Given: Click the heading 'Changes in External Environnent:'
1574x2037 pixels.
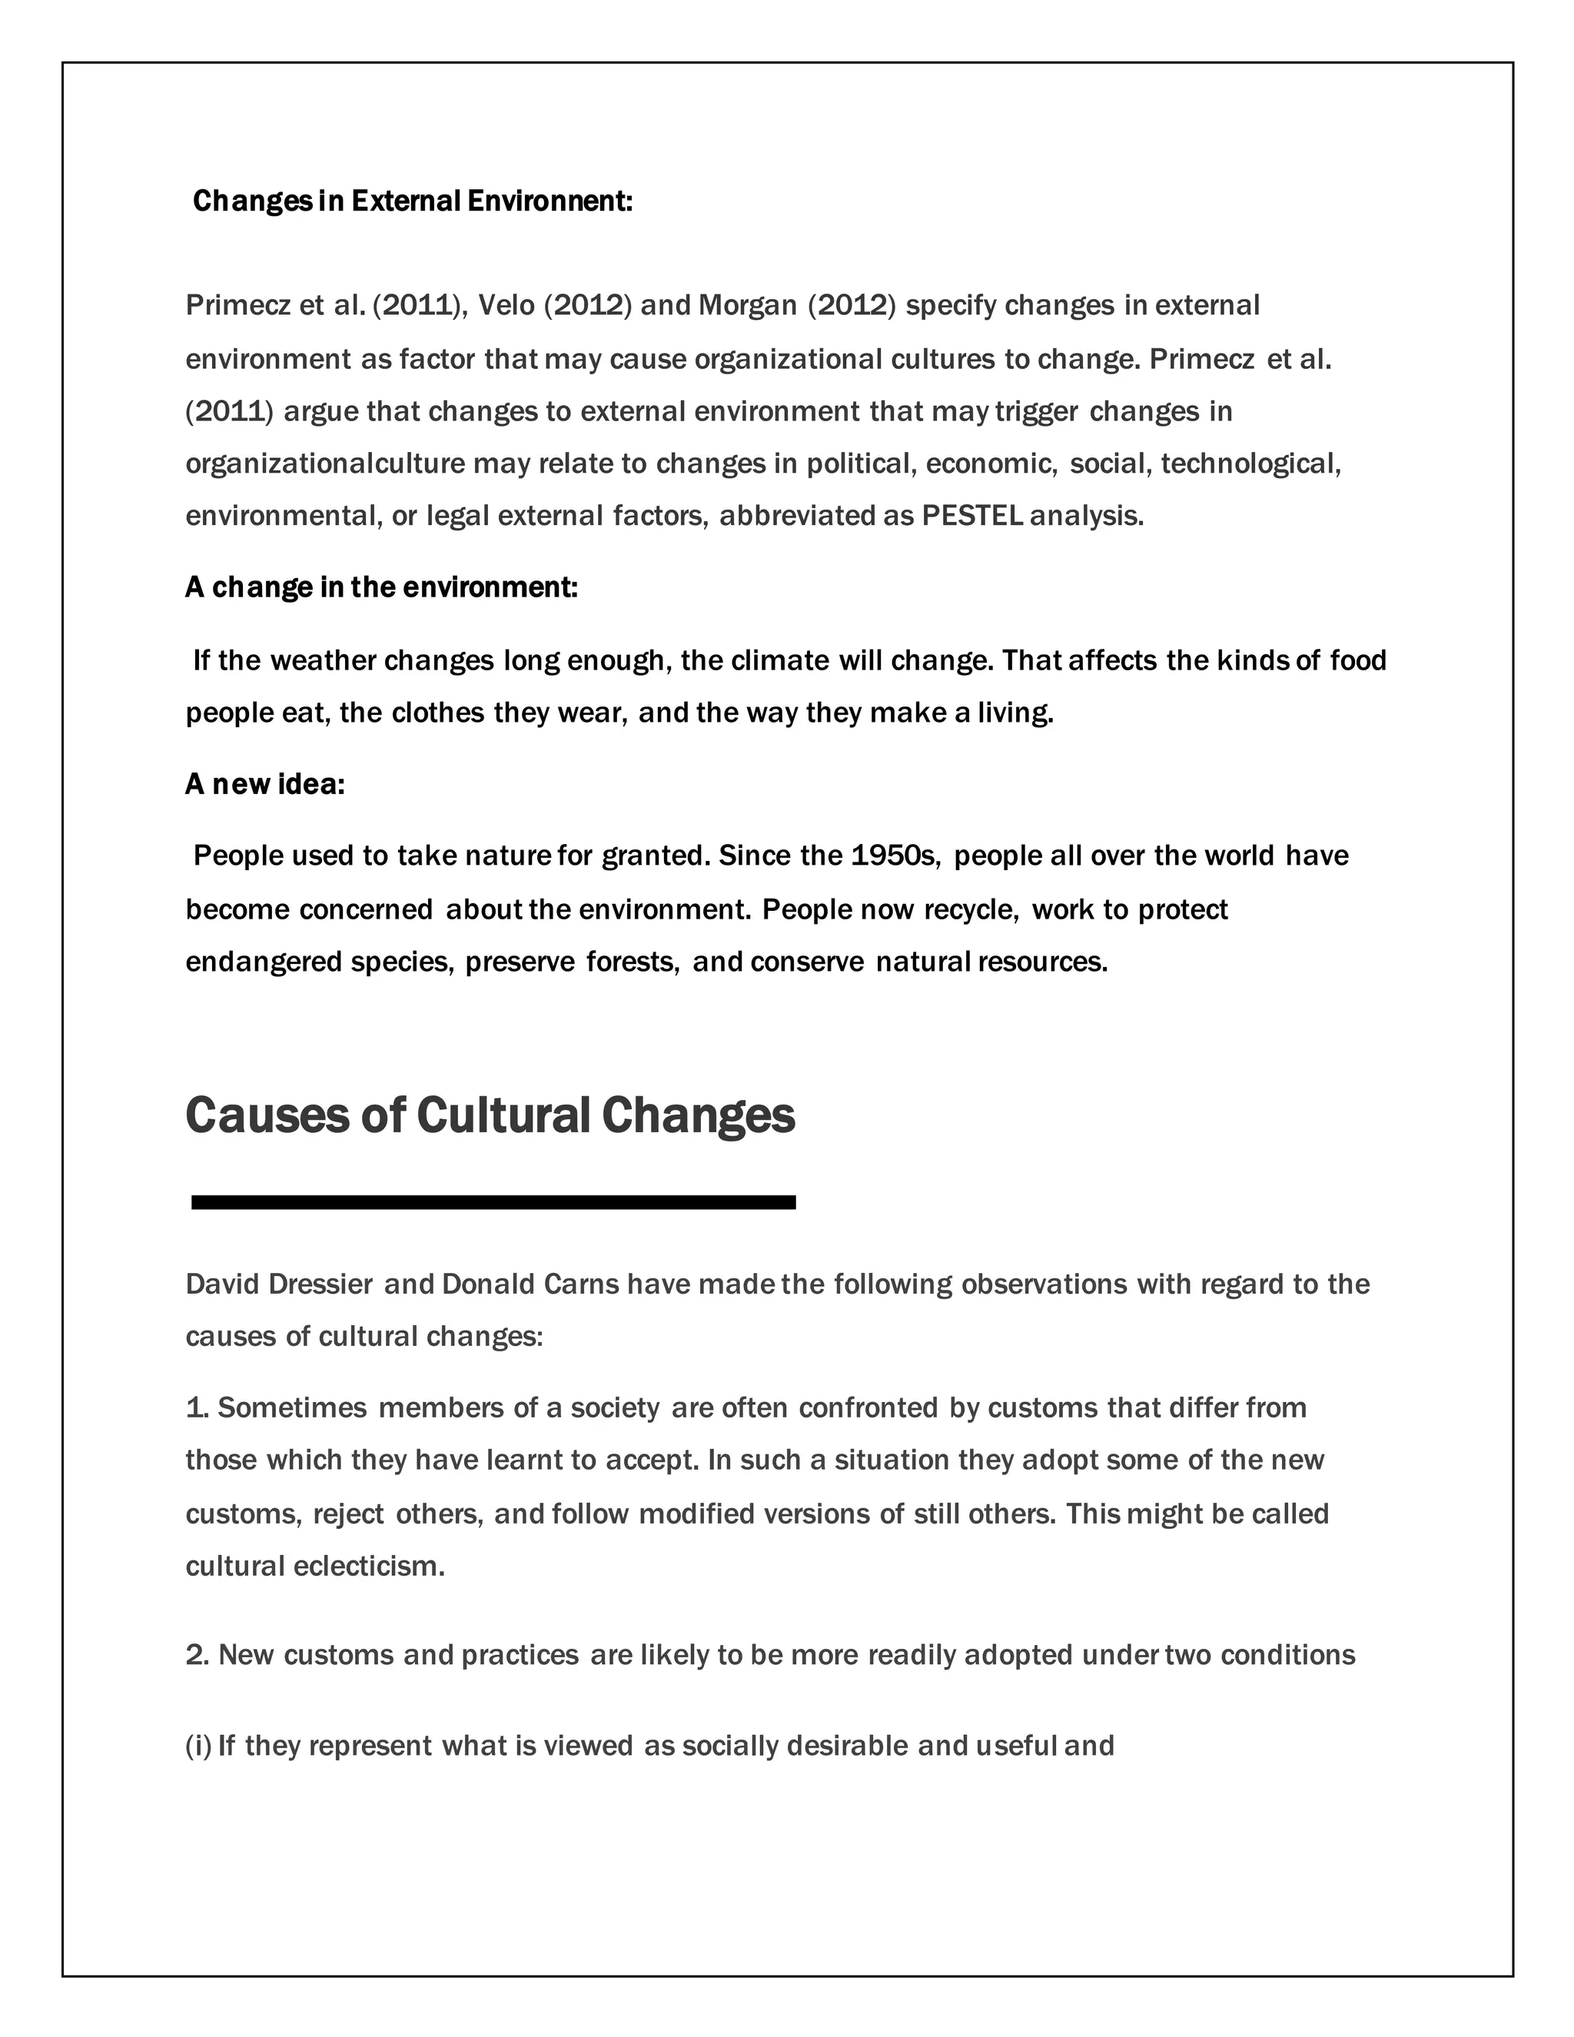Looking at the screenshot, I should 412,201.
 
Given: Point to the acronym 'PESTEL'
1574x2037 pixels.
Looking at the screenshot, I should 971,516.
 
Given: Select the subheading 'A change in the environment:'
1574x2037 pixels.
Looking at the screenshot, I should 381,587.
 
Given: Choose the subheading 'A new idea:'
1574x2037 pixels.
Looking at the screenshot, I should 265,784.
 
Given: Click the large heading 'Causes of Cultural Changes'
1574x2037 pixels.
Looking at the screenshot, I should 490,1115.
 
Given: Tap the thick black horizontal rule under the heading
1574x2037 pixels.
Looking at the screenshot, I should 493,1202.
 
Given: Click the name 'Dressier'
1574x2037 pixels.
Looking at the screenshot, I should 320,1284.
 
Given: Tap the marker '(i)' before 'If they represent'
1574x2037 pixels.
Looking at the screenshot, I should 198,1745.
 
